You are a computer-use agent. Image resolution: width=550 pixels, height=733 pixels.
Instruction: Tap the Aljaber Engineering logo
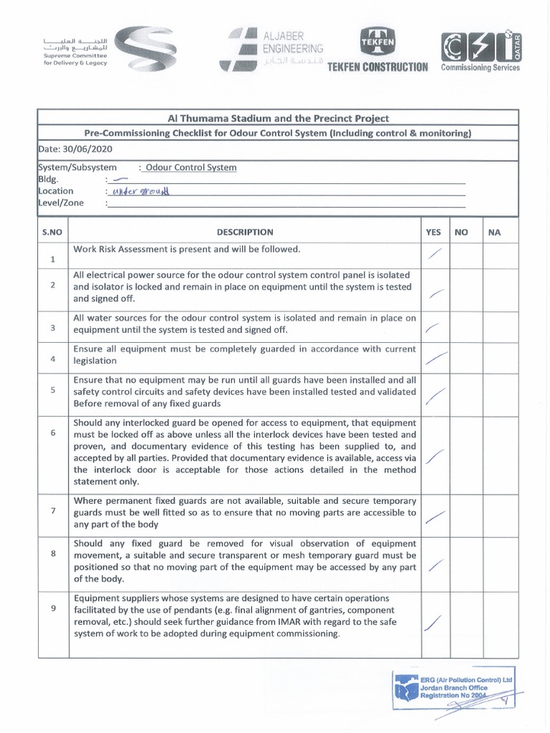coord(272,49)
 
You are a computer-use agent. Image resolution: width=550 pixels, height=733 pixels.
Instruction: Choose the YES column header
coord(434,232)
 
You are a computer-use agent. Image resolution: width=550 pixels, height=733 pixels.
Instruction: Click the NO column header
coord(460,232)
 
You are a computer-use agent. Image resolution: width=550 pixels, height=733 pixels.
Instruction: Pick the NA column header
coord(493,232)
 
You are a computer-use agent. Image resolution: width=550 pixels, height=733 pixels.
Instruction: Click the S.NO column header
coord(52,232)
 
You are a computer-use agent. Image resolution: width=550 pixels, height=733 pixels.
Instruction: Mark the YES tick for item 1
coord(434,253)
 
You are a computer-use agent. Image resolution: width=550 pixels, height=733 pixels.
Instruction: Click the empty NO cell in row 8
coord(460,563)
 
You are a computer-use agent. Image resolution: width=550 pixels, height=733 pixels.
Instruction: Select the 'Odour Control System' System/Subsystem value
coord(190,168)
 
